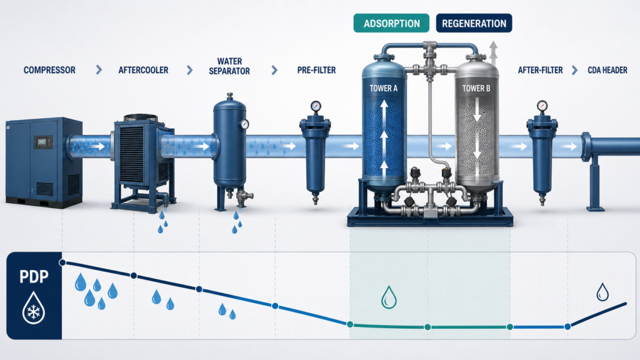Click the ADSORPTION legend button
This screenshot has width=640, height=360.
coord(391,23)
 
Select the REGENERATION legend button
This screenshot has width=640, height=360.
coord(474,23)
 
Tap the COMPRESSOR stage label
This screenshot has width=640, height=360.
coord(49,70)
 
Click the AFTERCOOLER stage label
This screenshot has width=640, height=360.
coord(143,70)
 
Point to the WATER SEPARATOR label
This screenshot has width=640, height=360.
coord(229,66)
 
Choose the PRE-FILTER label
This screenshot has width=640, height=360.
coord(316,70)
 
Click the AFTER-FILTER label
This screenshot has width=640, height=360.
coord(540,70)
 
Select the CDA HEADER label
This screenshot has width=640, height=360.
coord(607,70)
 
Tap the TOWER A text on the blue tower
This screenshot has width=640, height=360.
coord(383,88)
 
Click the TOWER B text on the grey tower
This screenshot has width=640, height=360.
coord(476,88)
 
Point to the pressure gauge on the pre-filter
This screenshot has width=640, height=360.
coord(316,106)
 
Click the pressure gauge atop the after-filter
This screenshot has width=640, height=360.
coord(542,106)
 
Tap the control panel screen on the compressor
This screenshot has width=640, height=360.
coord(42,142)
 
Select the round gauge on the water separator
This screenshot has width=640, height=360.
coord(244,124)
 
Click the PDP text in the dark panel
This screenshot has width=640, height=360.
coord(34,277)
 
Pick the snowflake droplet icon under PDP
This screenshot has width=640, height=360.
coord(34,307)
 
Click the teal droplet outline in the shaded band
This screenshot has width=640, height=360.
coord(389,297)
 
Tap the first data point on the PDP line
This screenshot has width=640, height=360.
coord(62,262)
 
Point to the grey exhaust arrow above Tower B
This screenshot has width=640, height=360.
coord(494,52)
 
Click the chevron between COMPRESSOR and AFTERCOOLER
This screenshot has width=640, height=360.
coord(99,70)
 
